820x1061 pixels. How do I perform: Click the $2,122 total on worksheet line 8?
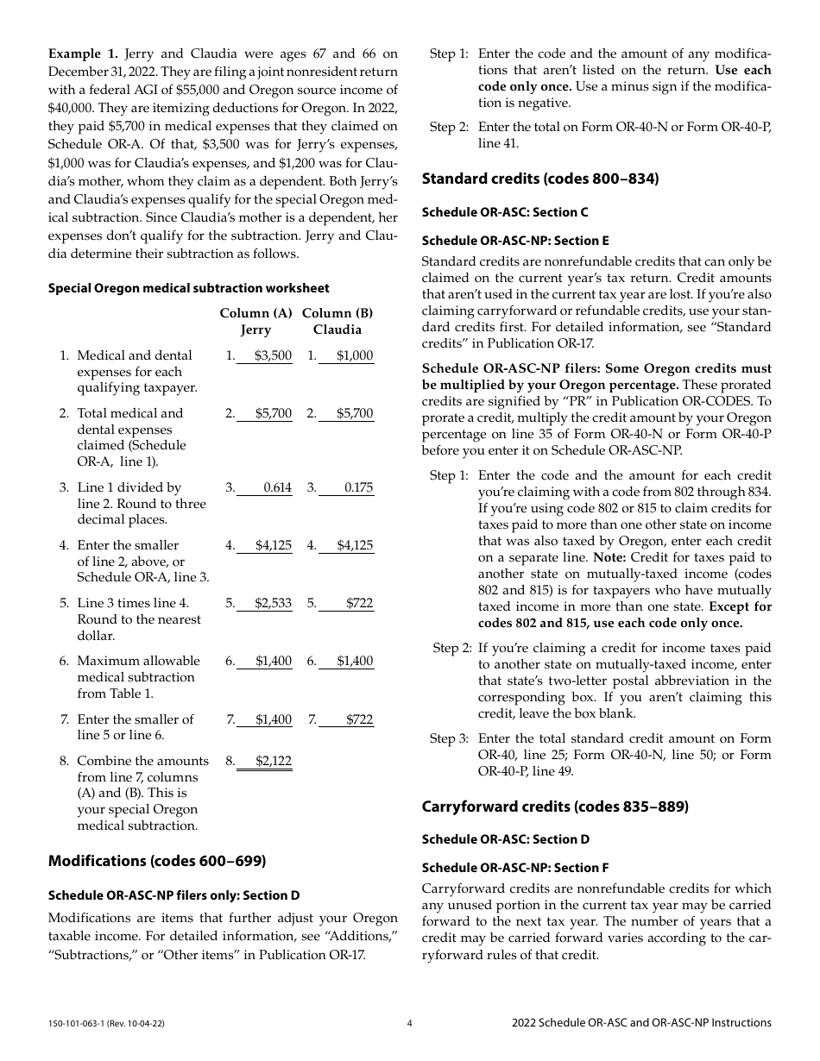(274, 761)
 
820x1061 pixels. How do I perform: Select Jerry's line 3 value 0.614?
(277, 487)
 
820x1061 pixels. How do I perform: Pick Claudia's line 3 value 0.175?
(358, 487)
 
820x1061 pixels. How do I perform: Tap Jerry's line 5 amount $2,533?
(274, 603)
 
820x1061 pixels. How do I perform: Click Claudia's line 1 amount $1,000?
(355, 355)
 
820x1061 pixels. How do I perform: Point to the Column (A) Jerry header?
(255, 321)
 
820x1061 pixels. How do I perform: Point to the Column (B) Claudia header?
(337, 321)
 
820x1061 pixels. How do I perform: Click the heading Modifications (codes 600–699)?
(157, 861)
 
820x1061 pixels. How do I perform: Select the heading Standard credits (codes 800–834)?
(539, 179)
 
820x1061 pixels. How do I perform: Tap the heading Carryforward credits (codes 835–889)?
(554, 807)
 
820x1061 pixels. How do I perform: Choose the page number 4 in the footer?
(410, 1023)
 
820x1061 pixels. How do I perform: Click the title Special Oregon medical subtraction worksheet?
(188, 288)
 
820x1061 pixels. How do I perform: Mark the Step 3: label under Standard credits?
(449, 738)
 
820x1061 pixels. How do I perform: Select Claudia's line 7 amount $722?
(359, 719)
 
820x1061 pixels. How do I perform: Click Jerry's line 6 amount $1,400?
(274, 661)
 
